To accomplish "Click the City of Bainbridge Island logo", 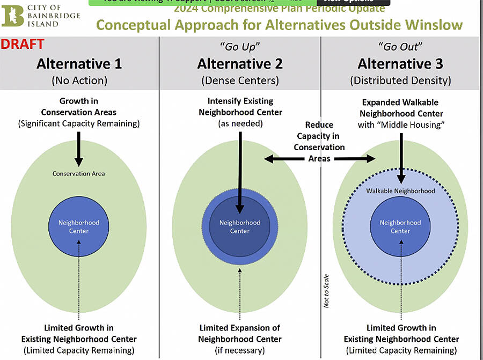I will pos(40,15).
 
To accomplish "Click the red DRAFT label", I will pos(23,45).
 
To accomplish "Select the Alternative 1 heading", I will pos(79,64).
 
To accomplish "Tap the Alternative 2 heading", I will pos(239,64).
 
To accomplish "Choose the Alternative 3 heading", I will pos(400,64).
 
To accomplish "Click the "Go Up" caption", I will pos(239,47).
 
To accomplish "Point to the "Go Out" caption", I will pos(400,47).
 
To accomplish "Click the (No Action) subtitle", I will pos(79,81).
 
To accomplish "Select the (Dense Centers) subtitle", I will pos(239,81).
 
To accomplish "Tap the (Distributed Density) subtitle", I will pos(400,81).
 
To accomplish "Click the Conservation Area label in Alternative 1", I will pos(79,173).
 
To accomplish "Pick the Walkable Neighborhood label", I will pos(400,191).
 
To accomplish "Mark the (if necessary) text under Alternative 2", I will pos(239,350).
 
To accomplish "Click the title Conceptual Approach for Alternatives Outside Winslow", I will pos(279,25).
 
